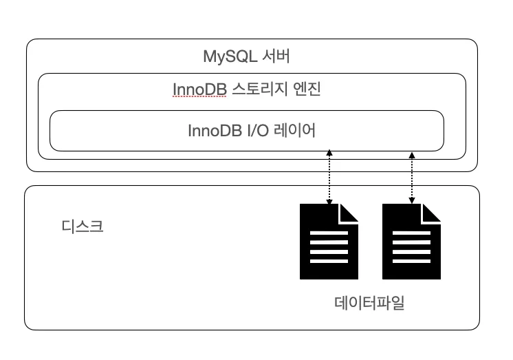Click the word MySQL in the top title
pyautogui.click(x=230, y=56)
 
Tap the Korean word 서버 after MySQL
pyautogui.click(x=276, y=56)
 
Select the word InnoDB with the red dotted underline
pyautogui.click(x=199, y=89)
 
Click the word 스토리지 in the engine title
pyautogui.click(x=260, y=89)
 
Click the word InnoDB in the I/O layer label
pyautogui.click(x=215, y=130)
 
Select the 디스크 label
pyautogui.click(x=83, y=226)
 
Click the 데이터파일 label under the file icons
pyautogui.click(x=369, y=303)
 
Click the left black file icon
pyautogui.click(x=329, y=242)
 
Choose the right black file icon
pyautogui.click(x=411, y=242)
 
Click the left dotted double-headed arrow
pyautogui.click(x=329, y=177)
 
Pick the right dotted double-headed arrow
pyautogui.click(x=412, y=178)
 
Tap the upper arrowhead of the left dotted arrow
pyautogui.click(x=329, y=152)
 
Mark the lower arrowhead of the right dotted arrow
pyautogui.click(x=412, y=200)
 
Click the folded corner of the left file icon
pyautogui.click(x=349, y=213)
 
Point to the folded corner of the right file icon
pyautogui.click(x=431, y=213)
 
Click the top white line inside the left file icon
pyautogui.click(x=329, y=233)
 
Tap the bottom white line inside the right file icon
pyautogui.click(x=411, y=261)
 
